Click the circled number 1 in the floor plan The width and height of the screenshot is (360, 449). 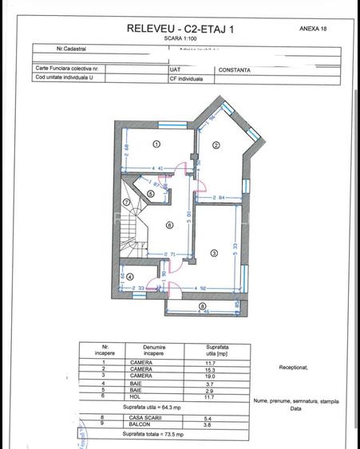[x=156, y=144]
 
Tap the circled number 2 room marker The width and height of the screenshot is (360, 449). [x=215, y=145]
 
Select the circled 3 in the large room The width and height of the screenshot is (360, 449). [x=214, y=253]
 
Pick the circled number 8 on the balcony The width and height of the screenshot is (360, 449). [x=202, y=305]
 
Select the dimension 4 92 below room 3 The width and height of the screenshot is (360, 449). [x=200, y=289]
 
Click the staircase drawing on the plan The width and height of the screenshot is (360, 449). [x=133, y=224]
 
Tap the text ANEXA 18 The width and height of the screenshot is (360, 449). [x=313, y=27]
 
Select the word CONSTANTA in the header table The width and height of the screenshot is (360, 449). [x=234, y=69]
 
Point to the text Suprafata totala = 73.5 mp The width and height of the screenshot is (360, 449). [x=153, y=435]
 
